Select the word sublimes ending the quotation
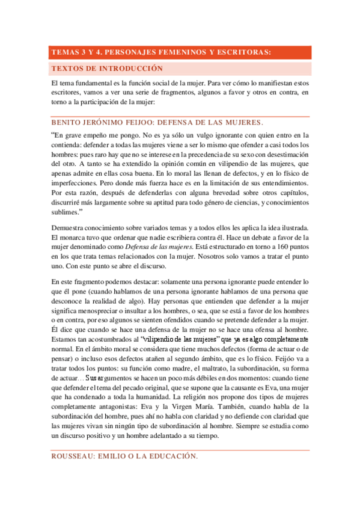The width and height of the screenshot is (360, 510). pyautogui.click(x=67, y=212)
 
